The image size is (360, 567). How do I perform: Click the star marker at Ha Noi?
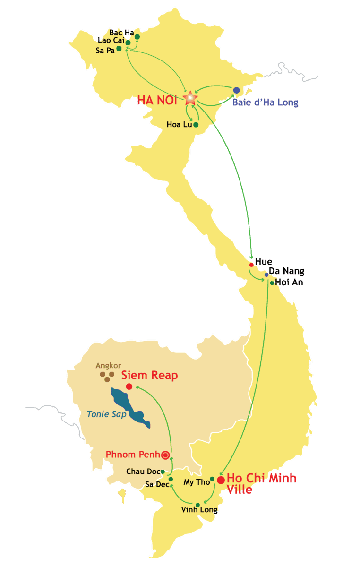190,98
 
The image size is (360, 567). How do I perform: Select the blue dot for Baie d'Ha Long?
237,90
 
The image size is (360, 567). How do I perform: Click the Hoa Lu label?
179,125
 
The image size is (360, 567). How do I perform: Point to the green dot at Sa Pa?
119,48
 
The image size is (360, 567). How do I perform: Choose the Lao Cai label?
111,41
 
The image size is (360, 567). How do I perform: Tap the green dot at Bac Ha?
137,37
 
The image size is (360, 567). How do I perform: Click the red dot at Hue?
251,265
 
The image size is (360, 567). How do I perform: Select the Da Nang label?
287,271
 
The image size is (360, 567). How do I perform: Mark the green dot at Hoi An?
272,283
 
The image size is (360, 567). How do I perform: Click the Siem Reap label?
149,376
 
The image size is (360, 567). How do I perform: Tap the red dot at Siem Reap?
129,387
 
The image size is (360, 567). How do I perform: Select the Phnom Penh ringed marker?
165,455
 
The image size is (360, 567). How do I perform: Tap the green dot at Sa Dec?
171,479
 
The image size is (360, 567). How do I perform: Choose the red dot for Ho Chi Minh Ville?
221,480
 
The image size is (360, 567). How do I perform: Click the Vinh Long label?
199,510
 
